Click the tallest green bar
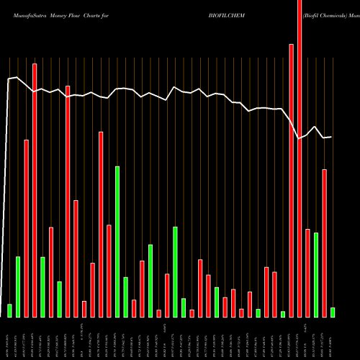click(117, 241)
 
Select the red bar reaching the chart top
click(300, 158)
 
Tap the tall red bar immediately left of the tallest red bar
click(291, 180)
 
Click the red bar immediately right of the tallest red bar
click(307, 273)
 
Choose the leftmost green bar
click(9, 310)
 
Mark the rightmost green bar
click(333, 312)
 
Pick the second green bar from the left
click(18, 287)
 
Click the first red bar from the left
click(26, 228)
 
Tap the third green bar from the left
click(42, 287)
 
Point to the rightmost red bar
click(324, 243)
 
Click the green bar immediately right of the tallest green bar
click(125, 297)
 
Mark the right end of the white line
click(331, 137)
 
